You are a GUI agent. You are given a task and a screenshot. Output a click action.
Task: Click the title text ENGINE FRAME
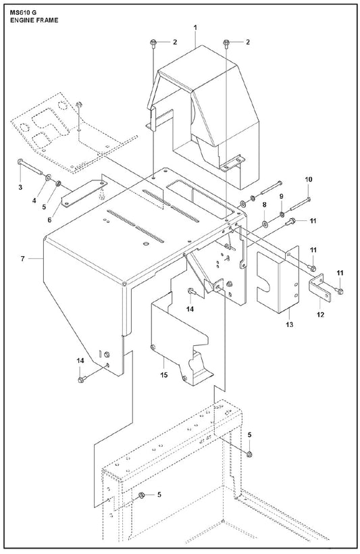pyautogui.click(x=34, y=20)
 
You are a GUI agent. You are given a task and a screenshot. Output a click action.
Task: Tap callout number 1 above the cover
pyautogui.click(x=195, y=27)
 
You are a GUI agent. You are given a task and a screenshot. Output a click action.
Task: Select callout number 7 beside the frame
pyautogui.click(x=22, y=259)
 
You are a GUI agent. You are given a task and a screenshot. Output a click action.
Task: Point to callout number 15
pyautogui.click(x=163, y=375)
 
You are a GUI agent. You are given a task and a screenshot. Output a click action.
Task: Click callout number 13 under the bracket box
pyautogui.click(x=289, y=324)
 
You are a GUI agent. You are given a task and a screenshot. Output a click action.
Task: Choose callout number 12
pyautogui.click(x=320, y=314)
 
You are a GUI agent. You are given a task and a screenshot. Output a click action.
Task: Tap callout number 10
pyautogui.click(x=309, y=180)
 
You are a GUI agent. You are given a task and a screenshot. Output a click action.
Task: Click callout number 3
pyautogui.click(x=20, y=187)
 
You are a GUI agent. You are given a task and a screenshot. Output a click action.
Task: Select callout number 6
pyautogui.click(x=49, y=220)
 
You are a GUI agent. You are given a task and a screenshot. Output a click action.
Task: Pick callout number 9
pyautogui.click(x=282, y=196)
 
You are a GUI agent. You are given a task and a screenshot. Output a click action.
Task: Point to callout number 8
pyautogui.click(x=264, y=205)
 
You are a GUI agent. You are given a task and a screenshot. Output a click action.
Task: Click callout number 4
pyautogui.click(x=34, y=201)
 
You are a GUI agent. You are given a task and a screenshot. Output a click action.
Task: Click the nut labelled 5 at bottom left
pyautogui.click(x=141, y=495)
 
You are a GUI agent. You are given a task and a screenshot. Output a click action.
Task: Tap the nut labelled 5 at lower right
pyautogui.click(x=249, y=454)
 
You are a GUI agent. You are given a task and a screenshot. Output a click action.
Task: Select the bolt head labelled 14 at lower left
pyautogui.click(x=81, y=380)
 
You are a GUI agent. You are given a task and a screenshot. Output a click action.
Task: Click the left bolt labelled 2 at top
pyautogui.click(x=153, y=43)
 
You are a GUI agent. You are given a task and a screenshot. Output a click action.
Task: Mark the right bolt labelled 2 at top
pyautogui.click(x=226, y=43)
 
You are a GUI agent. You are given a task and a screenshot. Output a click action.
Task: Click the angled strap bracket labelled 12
pyautogui.click(x=319, y=288)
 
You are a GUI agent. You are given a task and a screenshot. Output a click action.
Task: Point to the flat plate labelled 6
pyautogui.click(x=84, y=193)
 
